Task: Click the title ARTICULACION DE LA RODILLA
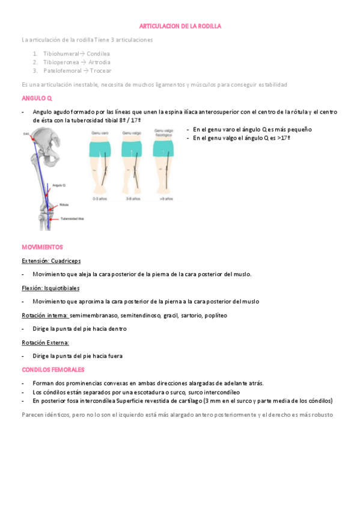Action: click(x=180, y=26)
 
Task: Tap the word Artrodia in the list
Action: click(x=97, y=62)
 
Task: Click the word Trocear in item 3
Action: click(x=100, y=70)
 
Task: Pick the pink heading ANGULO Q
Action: click(x=37, y=97)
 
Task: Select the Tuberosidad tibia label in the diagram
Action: click(x=72, y=218)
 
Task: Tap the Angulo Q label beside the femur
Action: click(x=59, y=185)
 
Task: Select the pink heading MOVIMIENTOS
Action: click(x=42, y=247)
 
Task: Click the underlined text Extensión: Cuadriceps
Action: click(x=51, y=261)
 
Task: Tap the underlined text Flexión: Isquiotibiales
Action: click(x=50, y=288)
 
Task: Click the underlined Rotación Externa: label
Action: click(x=45, y=342)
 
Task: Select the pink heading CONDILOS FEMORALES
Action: click(x=53, y=369)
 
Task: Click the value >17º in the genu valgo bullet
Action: click(x=283, y=138)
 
